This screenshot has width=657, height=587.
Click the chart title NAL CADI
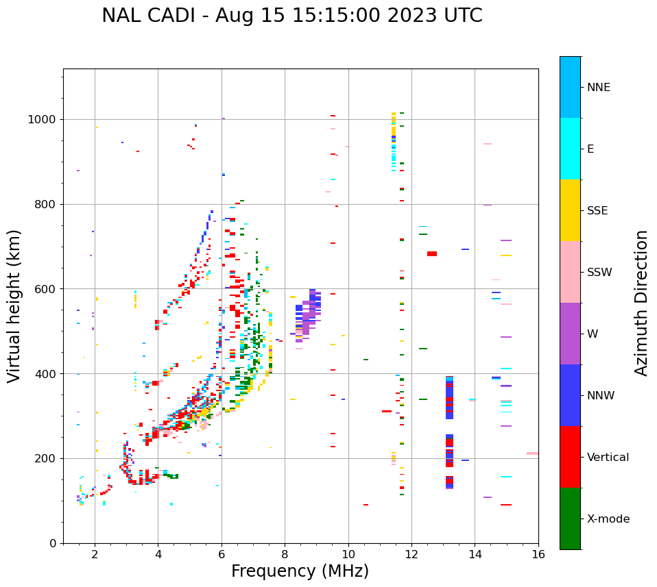[291, 16]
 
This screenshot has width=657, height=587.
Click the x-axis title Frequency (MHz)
[300, 571]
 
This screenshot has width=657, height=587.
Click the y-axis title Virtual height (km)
[14, 305]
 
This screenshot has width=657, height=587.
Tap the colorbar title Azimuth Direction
[641, 303]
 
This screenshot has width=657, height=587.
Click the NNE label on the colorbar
[599, 88]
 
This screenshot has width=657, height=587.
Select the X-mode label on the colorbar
[608, 519]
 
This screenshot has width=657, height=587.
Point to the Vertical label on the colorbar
[608, 458]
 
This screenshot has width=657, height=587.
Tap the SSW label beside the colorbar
[599, 273]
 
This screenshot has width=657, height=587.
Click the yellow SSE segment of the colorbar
[570, 210]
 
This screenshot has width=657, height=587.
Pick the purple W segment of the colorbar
[570, 334]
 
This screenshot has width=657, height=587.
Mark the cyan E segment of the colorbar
[570, 149]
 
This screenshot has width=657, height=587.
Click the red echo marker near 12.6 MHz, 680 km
[432, 253]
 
